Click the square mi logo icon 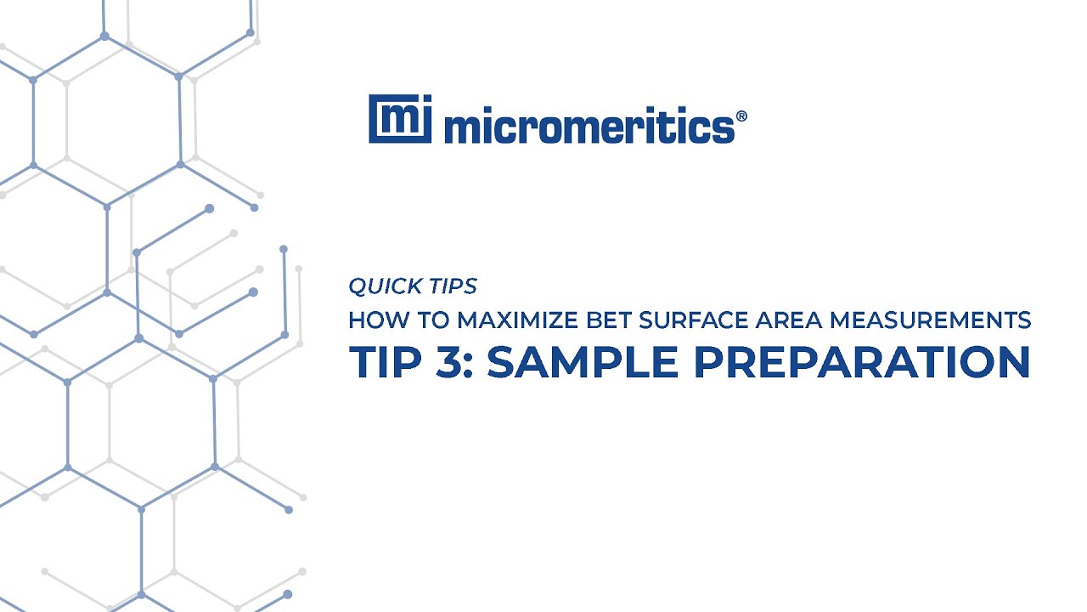click(400, 119)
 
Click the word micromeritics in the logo click(588, 127)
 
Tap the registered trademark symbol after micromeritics click(741, 116)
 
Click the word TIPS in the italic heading click(453, 286)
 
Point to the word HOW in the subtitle click(370, 320)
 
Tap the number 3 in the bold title click(448, 362)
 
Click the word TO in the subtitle click(427, 320)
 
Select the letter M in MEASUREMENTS click(840, 320)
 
